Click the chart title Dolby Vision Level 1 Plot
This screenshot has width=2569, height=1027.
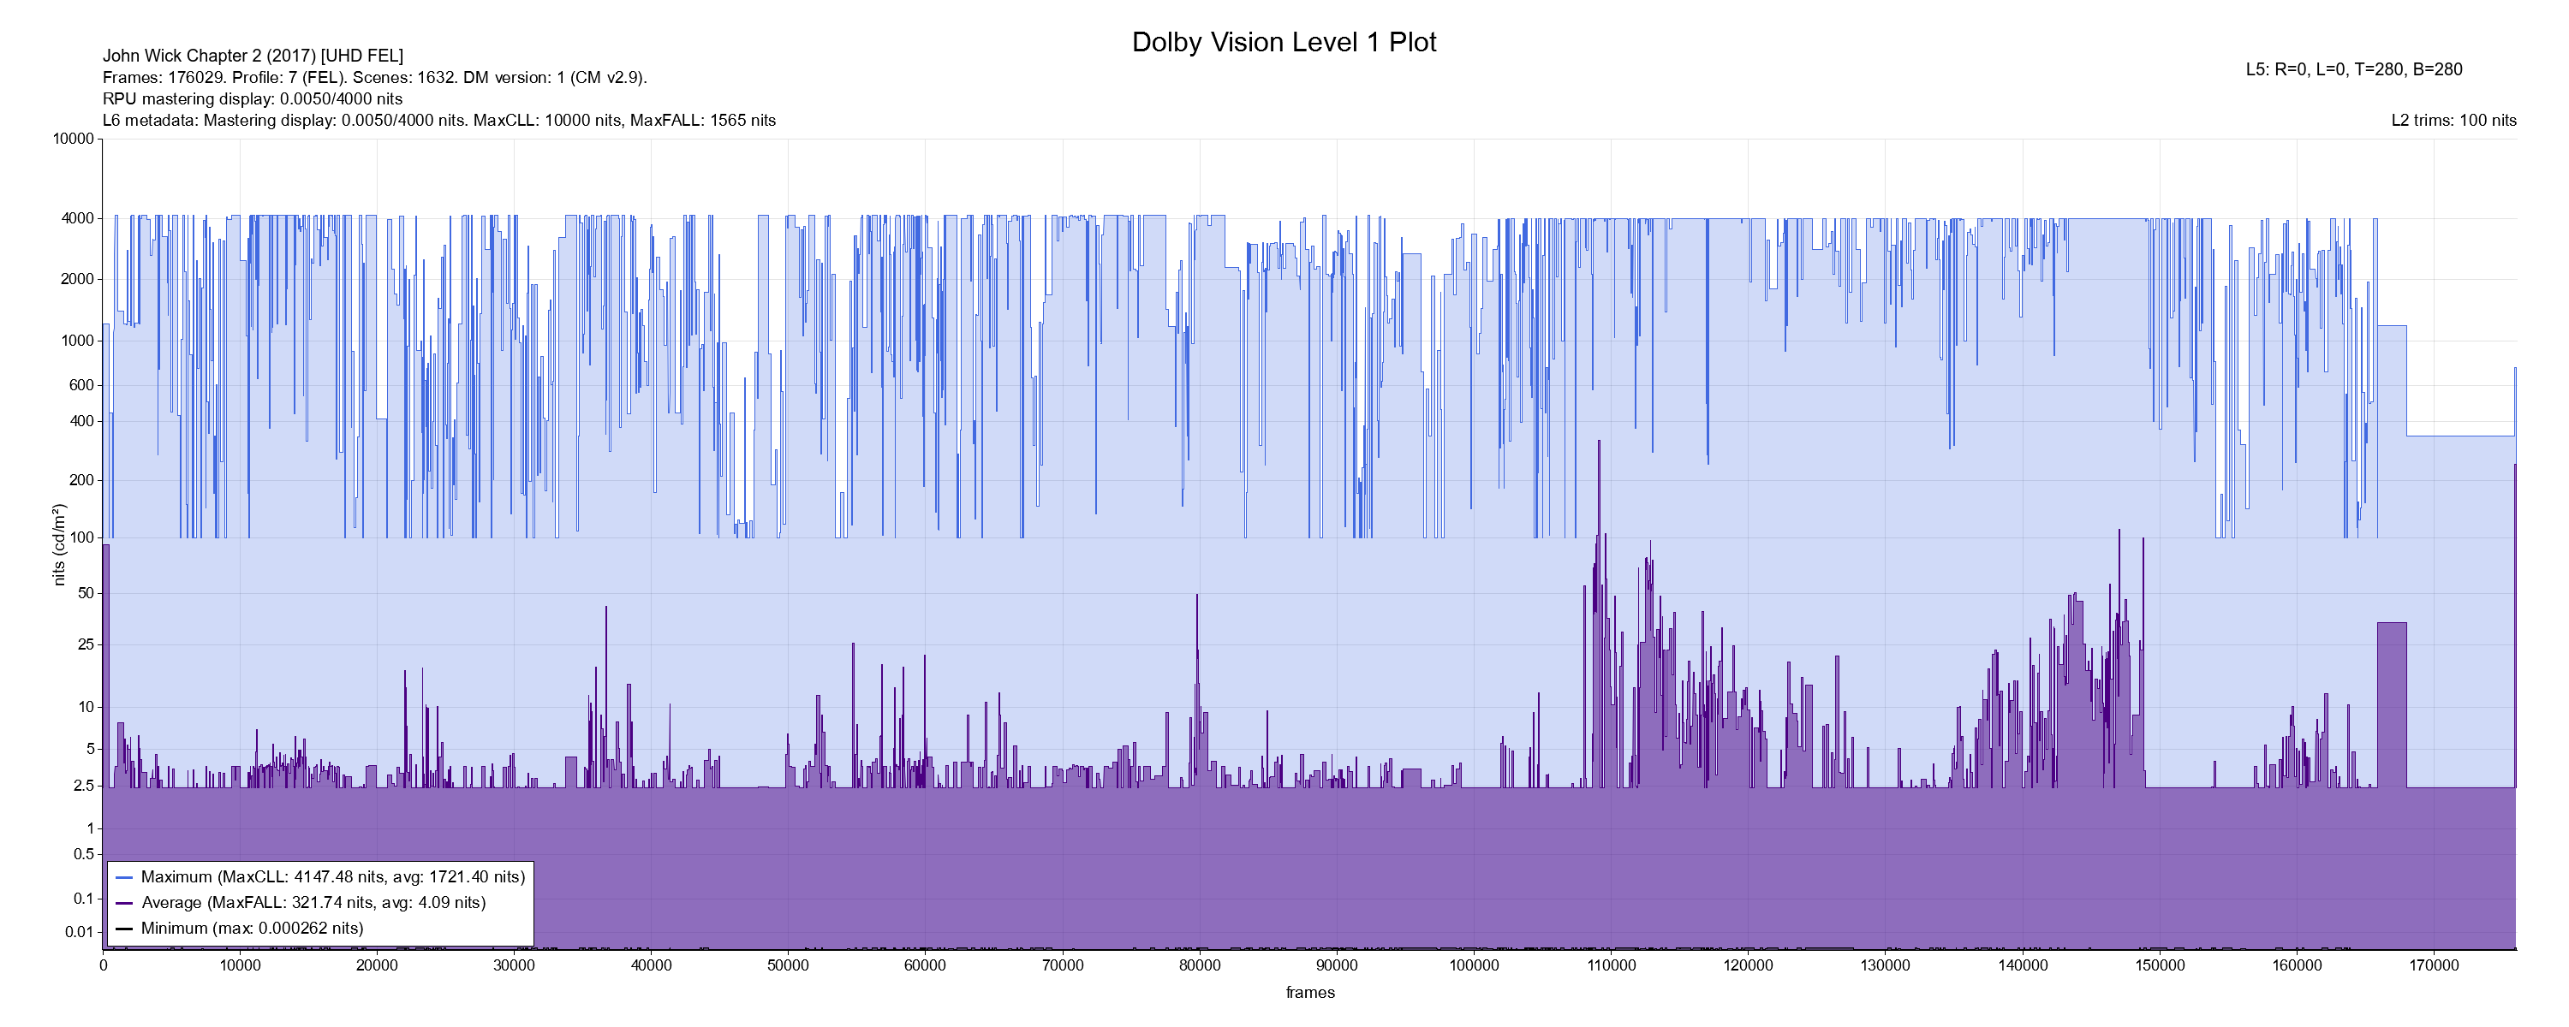(x=1284, y=43)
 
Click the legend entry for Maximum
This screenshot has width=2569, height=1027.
(x=332, y=877)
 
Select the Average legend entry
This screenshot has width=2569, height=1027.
(x=313, y=902)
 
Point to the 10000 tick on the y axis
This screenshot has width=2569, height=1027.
(x=73, y=140)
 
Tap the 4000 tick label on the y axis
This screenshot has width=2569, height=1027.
(x=77, y=218)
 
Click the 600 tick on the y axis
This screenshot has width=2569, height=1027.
(x=80, y=385)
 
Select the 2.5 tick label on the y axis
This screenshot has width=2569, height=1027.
(x=84, y=786)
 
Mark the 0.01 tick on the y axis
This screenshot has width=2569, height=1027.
(x=79, y=932)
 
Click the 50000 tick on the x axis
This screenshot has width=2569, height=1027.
(x=788, y=965)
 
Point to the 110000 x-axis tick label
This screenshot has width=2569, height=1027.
(x=1611, y=965)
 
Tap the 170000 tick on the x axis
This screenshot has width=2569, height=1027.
(x=2434, y=965)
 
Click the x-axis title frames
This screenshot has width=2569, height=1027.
(x=1309, y=992)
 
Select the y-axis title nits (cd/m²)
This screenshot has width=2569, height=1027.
(x=59, y=544)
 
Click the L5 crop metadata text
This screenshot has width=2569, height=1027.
(x=2353, y=70)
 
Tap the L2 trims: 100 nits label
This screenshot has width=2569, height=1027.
(x=2453, y=121)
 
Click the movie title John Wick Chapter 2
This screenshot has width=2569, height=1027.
(x=253, y=56)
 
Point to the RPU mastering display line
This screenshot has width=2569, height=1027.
(x=253, y=98)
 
